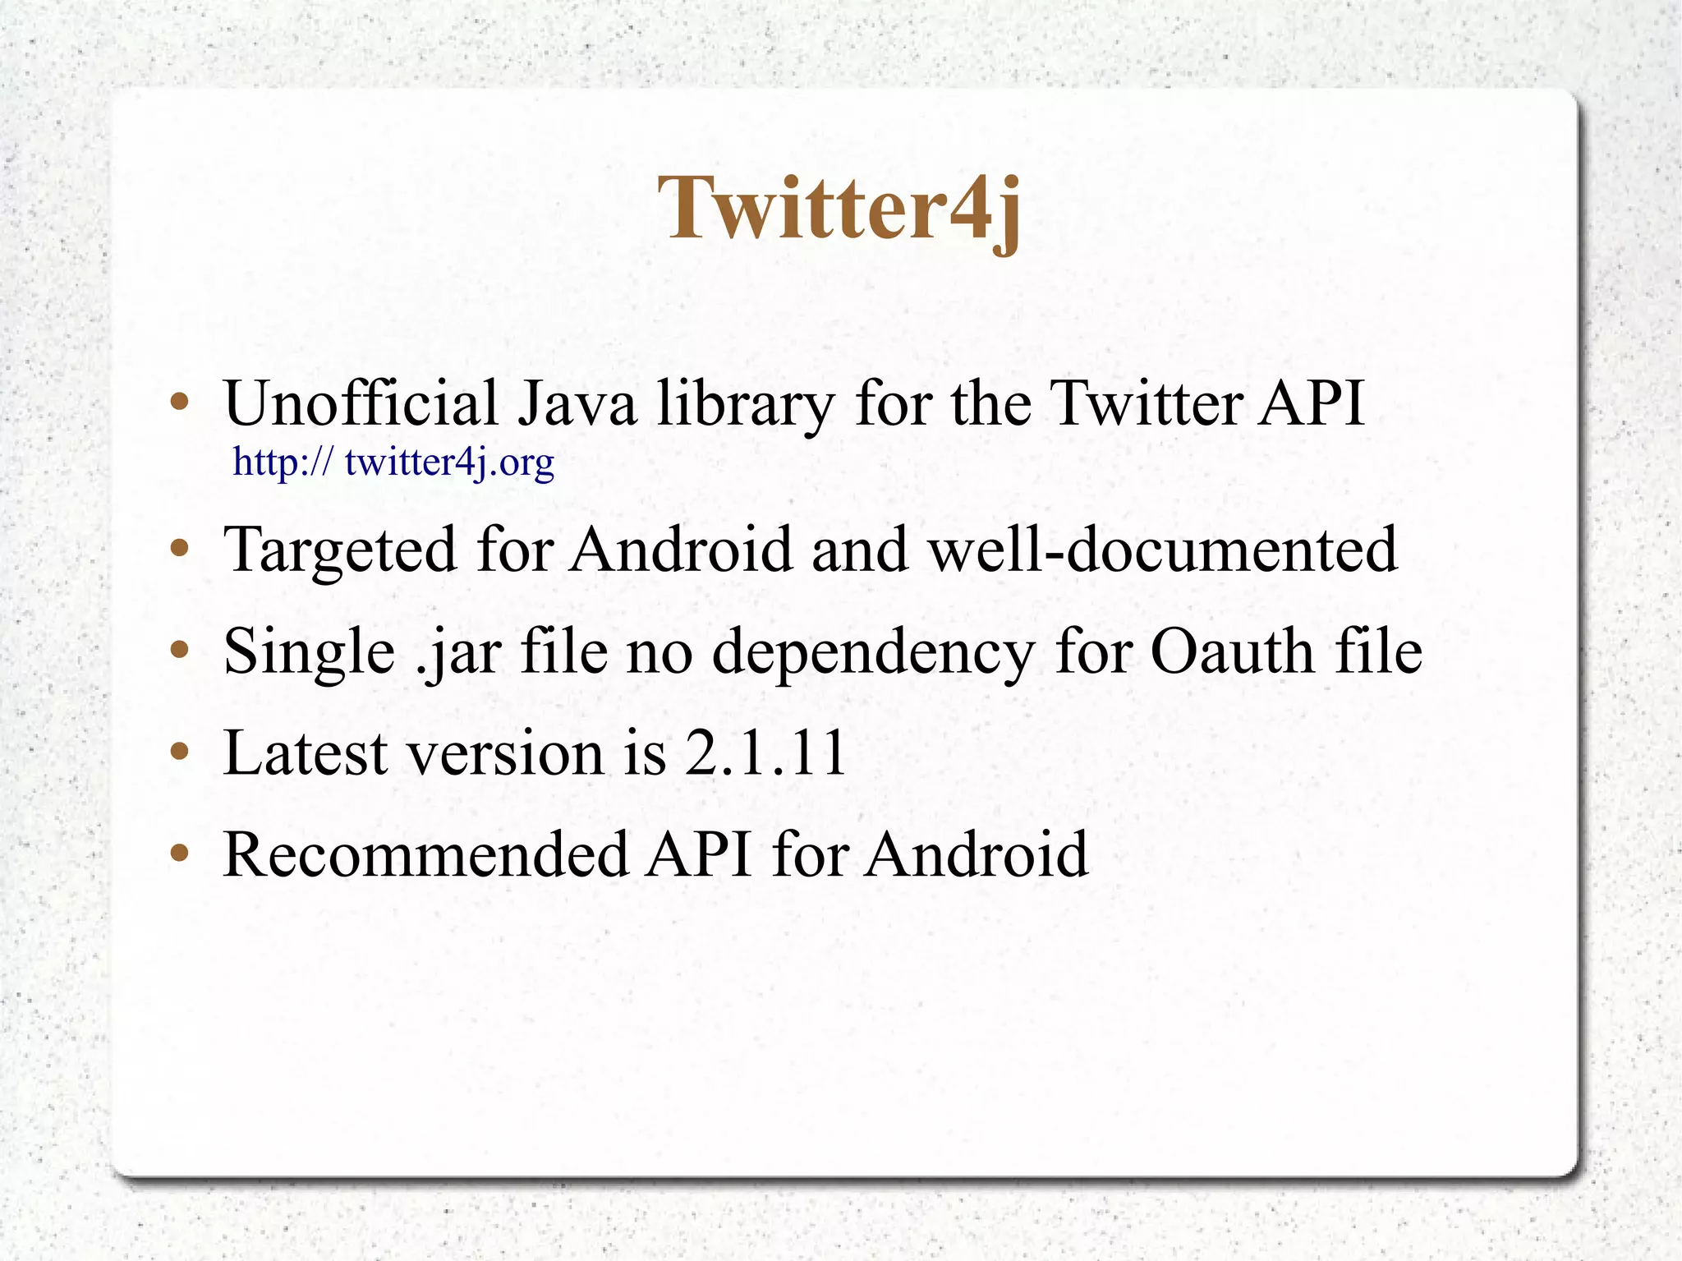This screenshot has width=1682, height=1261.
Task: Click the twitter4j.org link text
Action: (x=393, y=462)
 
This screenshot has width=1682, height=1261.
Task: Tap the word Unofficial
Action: (x=361, y=403)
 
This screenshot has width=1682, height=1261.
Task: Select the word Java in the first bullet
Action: (x=577, y=403)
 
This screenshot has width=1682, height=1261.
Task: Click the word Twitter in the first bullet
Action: (x=1146, y=403)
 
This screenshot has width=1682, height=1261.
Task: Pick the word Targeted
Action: (x=339, y=550)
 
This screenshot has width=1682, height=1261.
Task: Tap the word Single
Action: (x=309, y=652)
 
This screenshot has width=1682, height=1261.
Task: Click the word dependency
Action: (x=872, y=652)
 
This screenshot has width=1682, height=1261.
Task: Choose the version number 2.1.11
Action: (x=765, y=752)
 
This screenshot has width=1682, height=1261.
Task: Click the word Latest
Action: (x=305, y=752)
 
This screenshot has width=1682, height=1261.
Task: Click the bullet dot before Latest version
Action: (x=179, y=752)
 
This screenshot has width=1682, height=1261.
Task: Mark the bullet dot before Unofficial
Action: (x=179, y=403)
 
